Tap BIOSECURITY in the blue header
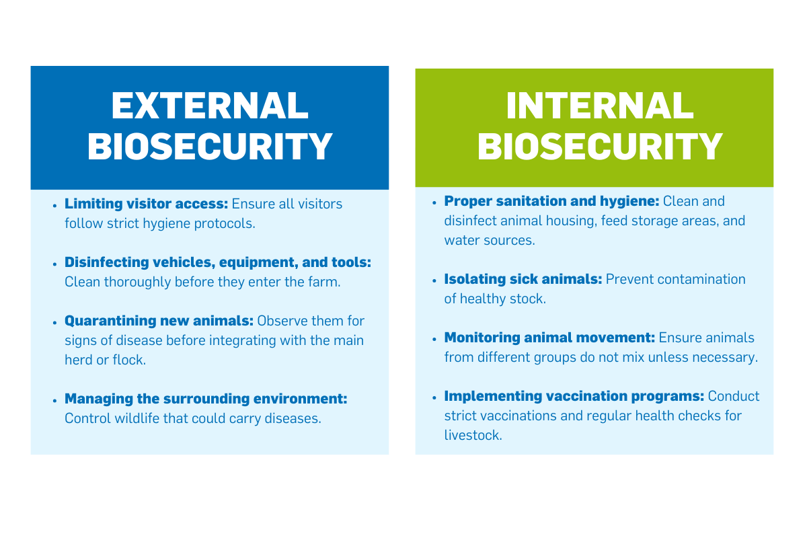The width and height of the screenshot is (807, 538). [210, 146]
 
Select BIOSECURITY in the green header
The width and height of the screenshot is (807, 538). [599, 146]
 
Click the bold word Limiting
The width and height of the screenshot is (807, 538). [93, 204]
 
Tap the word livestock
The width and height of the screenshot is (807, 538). [473, 435]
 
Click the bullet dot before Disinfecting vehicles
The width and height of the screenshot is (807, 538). [54, 264]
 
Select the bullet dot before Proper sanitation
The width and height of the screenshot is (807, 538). [434, 203]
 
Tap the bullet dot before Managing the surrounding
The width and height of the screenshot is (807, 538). [54, 401]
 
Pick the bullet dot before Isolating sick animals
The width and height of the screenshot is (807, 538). [434, 281]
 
